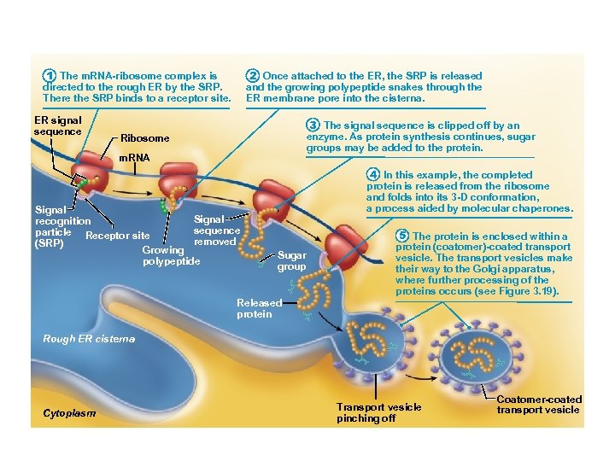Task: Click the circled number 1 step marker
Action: click(50, 76)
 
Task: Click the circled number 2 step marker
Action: click(253, 76)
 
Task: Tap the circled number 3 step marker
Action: click(313, 125)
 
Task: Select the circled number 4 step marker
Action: click(373, 175)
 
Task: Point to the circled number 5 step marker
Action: click(402, 236)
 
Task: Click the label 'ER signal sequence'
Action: click(57, 126)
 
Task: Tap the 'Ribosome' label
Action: click(145, 138)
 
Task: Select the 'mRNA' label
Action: click(133, 158)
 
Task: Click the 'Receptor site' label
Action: click(119, 236)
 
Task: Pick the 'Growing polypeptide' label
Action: click(171, 255)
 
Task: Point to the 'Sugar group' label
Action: click(292, 260)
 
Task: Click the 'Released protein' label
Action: click(259, 308)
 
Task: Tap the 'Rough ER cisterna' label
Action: click(89, 339)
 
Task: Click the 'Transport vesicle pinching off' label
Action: click(378, 412)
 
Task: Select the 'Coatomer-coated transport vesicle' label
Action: click(538, 404)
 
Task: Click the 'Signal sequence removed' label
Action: click(216, 230)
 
